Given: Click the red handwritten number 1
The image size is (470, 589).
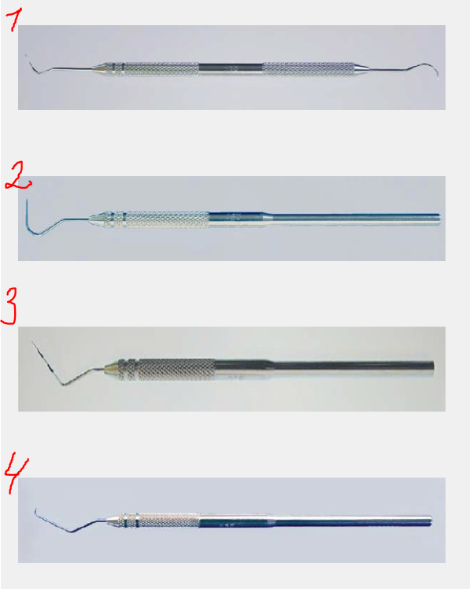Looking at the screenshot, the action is coord(15,20).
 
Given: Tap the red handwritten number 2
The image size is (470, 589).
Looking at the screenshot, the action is coord(18,177).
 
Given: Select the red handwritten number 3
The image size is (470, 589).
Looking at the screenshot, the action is coord(9,305).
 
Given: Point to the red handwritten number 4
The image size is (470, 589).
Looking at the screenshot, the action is coord(16,473).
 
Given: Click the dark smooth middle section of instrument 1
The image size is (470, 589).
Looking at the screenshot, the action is coord(230,68).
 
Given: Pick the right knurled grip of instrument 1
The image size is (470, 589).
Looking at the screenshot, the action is coord(309,69).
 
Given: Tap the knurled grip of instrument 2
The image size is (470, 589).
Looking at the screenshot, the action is coord(168,219).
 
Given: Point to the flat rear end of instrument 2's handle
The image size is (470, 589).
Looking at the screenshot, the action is coord(439,219).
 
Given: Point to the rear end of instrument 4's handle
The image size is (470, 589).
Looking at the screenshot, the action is coord(431,521).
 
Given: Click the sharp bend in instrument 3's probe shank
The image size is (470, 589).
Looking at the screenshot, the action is coord(63,385).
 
